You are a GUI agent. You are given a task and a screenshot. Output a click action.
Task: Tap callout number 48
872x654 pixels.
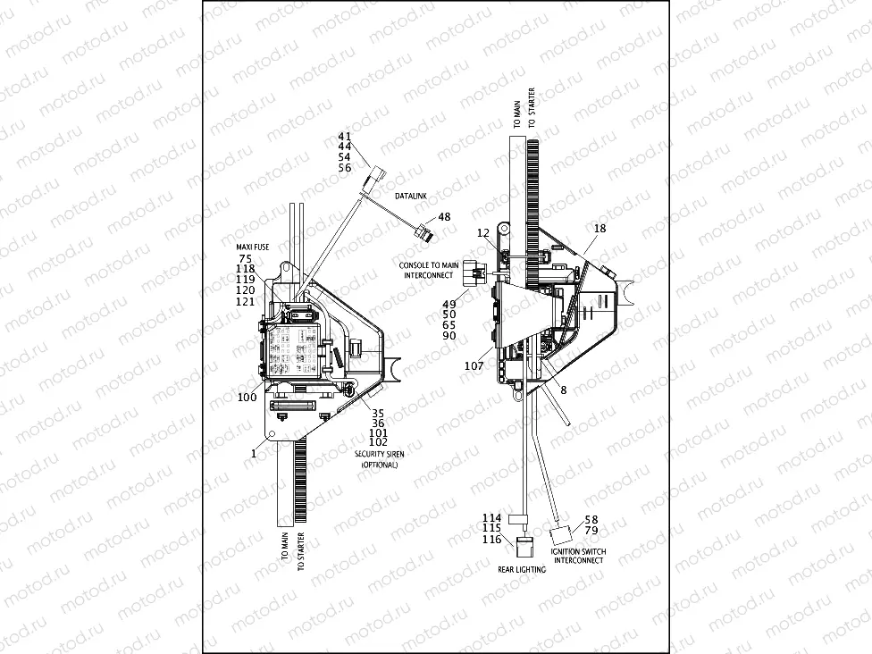point(444,217)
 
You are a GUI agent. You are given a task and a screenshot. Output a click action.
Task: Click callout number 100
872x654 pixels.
point(247,396)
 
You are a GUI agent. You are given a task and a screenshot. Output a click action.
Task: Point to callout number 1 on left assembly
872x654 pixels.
point(255,454)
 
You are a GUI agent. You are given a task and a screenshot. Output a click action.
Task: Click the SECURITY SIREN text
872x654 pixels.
point(379,454)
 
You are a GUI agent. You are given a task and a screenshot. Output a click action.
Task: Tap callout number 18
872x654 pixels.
point(599,229)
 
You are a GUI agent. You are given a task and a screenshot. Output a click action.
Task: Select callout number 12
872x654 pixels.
point(482,233)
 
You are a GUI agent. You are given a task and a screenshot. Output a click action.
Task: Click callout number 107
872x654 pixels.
point(474,365)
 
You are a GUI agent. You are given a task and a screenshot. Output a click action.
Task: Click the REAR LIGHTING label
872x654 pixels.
point(522,569)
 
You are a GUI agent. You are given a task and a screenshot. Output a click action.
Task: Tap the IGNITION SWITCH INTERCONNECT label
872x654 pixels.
point(578,556)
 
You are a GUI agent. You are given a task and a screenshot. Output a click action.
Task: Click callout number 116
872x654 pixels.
point(492,541)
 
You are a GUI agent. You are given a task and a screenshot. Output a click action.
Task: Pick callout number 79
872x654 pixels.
point(591,531)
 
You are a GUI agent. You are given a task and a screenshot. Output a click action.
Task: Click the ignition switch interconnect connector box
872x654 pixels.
point(560,536)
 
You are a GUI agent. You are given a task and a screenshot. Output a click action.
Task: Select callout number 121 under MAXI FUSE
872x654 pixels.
point(245,301)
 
